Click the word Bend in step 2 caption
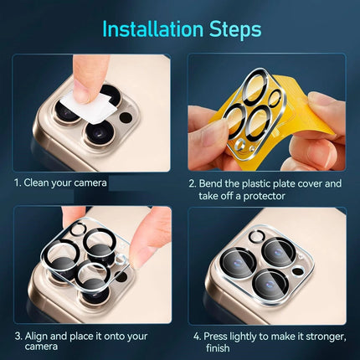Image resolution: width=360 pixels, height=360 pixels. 215,183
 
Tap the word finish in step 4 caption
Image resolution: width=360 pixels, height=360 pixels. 217,348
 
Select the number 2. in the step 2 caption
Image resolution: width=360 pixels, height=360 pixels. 193,183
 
